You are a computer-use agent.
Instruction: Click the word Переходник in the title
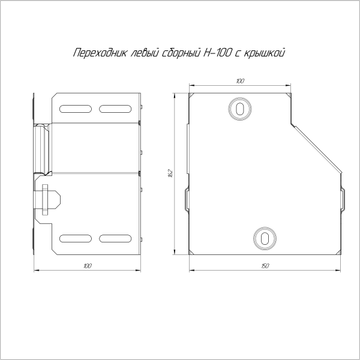coord(100,53)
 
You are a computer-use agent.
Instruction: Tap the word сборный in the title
coord(181,53)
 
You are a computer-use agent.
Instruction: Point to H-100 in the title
coord(217,53)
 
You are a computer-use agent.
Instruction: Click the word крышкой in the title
coord(264,53)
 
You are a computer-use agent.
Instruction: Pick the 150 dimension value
coord(265,266)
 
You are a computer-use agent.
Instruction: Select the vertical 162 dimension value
coord(170,173)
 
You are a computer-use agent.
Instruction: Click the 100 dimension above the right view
coord(240,81)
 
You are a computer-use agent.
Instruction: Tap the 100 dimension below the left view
coord(88,266)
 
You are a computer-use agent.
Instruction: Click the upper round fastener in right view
coord(239,109)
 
